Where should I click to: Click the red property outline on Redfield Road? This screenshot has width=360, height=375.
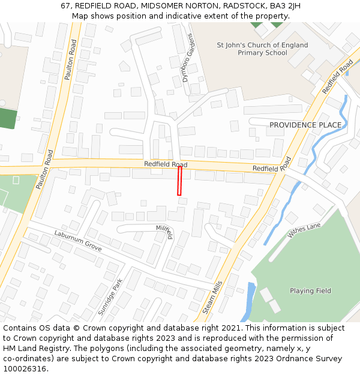coord(179,181)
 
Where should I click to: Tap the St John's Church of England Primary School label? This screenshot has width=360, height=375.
coord(262,49)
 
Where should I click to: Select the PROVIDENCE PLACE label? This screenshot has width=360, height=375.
coord(305,125)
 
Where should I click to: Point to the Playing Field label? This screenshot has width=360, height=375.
coord(310,291)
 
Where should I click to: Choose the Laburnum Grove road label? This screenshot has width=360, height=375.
coord(78,241)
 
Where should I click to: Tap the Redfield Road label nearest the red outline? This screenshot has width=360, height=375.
coord(165,164)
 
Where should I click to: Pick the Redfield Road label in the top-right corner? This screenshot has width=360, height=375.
coord(337,76)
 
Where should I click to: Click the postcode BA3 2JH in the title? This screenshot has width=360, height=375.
coord(285,6)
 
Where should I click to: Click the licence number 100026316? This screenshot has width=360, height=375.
coord(25,369)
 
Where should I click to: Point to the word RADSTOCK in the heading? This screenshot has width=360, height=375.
coord(247,6)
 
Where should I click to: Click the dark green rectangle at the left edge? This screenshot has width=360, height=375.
coord(7,118)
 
